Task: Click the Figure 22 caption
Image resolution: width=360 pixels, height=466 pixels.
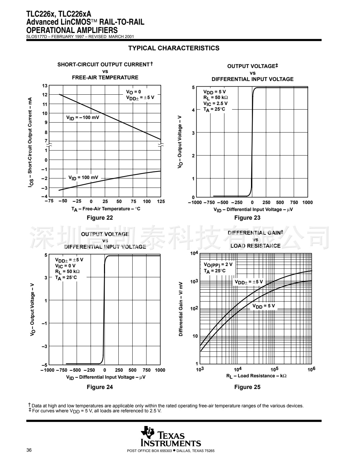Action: (x=100, y=218)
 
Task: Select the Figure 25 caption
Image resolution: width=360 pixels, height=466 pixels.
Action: (x=247, y=387)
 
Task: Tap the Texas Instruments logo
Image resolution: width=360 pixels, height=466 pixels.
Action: (x=171, y=437)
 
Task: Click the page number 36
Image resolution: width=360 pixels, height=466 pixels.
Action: (x=29, y=451)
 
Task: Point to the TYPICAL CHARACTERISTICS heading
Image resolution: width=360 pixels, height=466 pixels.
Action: (x=174, y=48)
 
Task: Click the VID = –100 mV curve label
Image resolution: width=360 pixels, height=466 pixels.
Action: (x=83, y=117)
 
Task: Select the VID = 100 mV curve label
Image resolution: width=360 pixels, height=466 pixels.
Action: (x=83, y=177)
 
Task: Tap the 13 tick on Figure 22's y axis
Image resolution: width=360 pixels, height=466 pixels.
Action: (x=45, y=86)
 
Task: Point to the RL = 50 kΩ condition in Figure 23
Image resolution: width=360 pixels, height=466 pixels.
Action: (x=216, y=98)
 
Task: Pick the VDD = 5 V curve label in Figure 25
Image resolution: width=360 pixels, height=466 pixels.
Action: (x=263, y=306)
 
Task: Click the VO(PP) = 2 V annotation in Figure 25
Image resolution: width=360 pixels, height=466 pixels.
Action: (x=218, y=264)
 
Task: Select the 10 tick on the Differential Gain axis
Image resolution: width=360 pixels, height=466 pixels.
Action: (x=195, y=336)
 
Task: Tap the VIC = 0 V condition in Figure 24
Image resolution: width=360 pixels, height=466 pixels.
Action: (x=65, y=266)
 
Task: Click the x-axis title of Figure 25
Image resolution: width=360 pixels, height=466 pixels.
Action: (x=256, y=376)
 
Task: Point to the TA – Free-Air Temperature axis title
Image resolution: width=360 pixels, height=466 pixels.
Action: (x=106, y=209)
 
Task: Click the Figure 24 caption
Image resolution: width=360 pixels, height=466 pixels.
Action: (x=100, y=387)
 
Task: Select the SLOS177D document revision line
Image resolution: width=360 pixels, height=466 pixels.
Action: (x=80, y=36)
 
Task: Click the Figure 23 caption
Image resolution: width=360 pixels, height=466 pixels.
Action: (x=247, y=218)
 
